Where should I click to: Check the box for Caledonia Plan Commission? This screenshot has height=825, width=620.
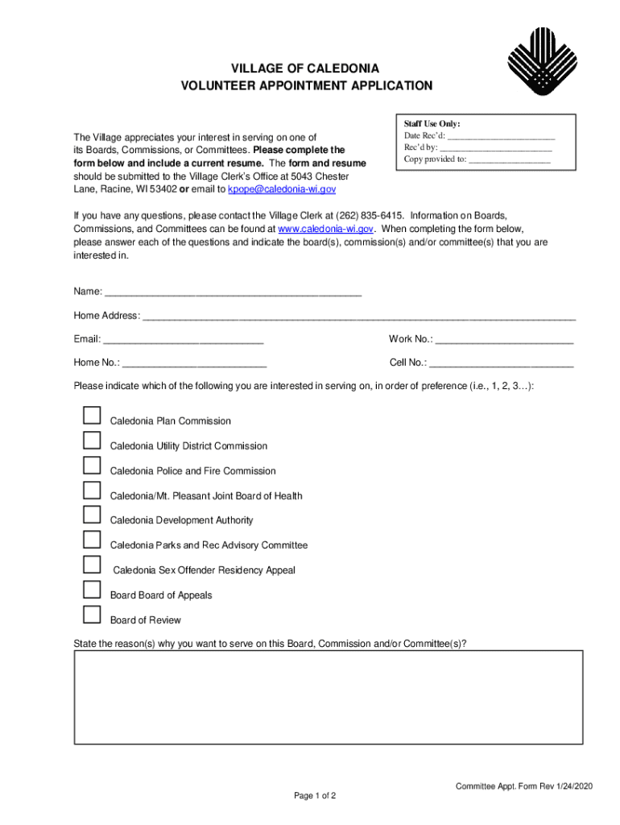point(93,416)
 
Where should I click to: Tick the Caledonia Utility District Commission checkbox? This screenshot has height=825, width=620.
point(93,441)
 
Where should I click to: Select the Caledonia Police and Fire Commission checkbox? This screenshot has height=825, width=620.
point(93,466)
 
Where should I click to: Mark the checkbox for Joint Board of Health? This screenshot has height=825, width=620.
point(93,491)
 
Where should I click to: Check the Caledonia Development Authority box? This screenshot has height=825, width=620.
point(93,516)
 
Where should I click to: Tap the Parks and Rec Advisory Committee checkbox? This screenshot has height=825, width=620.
point(93,541)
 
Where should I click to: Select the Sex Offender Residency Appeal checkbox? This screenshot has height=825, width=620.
point(93,566)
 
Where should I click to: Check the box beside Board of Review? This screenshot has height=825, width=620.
point(93,616)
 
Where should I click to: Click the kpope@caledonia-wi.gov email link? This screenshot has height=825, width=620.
point(282,189)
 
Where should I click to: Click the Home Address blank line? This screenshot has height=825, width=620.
point(358,317)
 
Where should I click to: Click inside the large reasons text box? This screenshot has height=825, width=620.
point(328,699)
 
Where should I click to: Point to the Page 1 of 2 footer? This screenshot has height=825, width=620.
point(315,796)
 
